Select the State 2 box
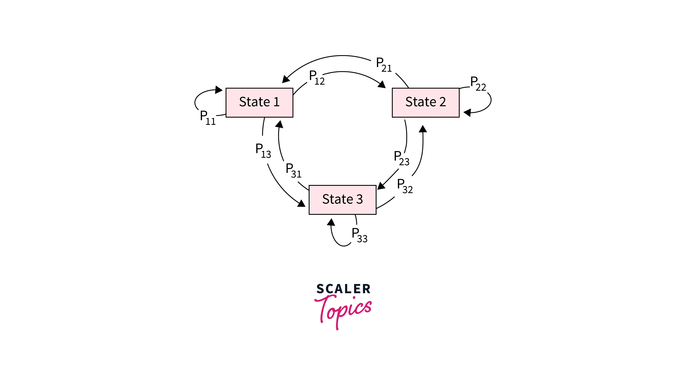pyautogui.click(x=425, y=102)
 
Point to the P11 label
pyautogui.click(x=207, y=118)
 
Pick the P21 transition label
pyautogui.click(x=384, y=64)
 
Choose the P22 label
pyautogui.click(x=478, y=83)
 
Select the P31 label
pyautogui.click(x=293, y=170)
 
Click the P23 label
pyautogui.click(x=401, y=158)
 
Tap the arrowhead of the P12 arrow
pyautogui.click(x=382, y=84)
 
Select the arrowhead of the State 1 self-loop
pyautogui.click(x=219, y=90)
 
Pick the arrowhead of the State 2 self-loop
pyautogui.click(x=467, y=112)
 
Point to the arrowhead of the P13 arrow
pyautogui.click(x=301, y=204)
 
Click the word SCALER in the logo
pyautogui.click(x=343, y=289)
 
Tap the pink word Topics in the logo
pyautogui.click(x=343, y=310)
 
